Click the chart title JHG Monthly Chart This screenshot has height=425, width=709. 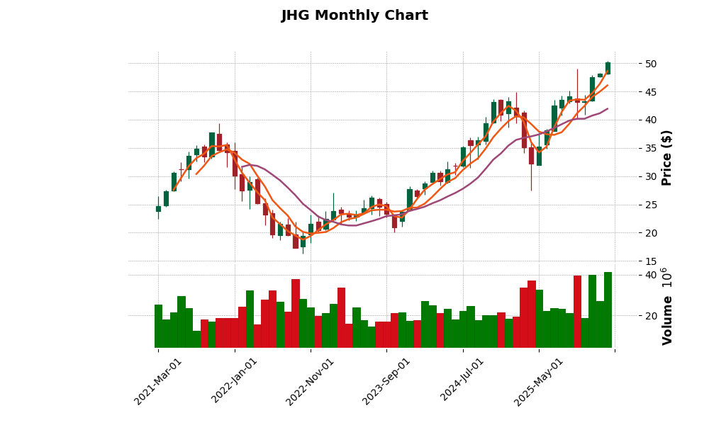[354, 16]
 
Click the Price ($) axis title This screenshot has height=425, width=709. [666, 157]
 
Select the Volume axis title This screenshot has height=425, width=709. [666, 306]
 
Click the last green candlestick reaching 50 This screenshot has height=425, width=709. [608, 68]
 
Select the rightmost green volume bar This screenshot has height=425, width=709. [608, 310]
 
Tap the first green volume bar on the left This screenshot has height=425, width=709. [158, 326]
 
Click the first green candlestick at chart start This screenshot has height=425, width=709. [158, 209]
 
